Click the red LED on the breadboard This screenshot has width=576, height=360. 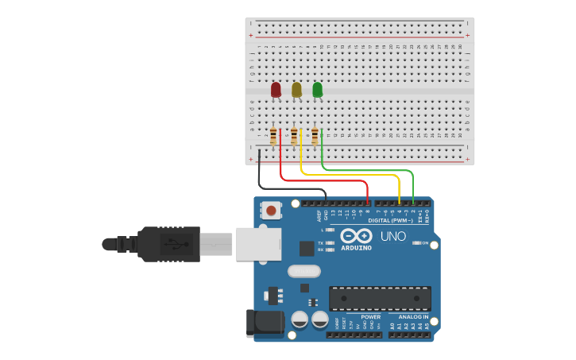coord(276,90)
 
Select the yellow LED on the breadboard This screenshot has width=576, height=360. coord(296,90)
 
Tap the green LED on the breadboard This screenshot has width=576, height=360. coord(317,90)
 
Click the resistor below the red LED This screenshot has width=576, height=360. coord(273,137)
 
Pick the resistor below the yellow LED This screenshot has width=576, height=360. coord(294,137)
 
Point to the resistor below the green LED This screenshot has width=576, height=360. coord(315,137)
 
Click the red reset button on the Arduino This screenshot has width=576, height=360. coord(272,211)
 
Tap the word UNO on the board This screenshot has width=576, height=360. coord(392,236)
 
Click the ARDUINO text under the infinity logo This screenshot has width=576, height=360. coord(356,248)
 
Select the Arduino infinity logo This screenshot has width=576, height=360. coord(356,236)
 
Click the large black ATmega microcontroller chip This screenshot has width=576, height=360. coord(380,298)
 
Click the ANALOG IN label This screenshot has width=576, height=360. coord(413,316)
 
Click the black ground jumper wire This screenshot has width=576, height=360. coord(260,171)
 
